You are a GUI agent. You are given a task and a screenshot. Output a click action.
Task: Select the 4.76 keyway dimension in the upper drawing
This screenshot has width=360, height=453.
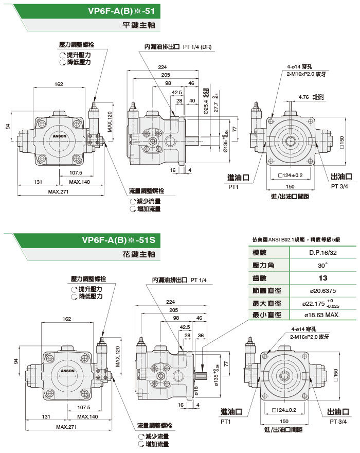point(304,96)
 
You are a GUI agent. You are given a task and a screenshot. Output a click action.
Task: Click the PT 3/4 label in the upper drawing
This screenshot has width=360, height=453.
point(339,186)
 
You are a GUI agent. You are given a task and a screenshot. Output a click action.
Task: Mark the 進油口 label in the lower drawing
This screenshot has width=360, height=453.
point(231,411)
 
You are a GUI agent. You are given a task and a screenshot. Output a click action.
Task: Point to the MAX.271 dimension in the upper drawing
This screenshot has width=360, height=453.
point(58,192)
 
